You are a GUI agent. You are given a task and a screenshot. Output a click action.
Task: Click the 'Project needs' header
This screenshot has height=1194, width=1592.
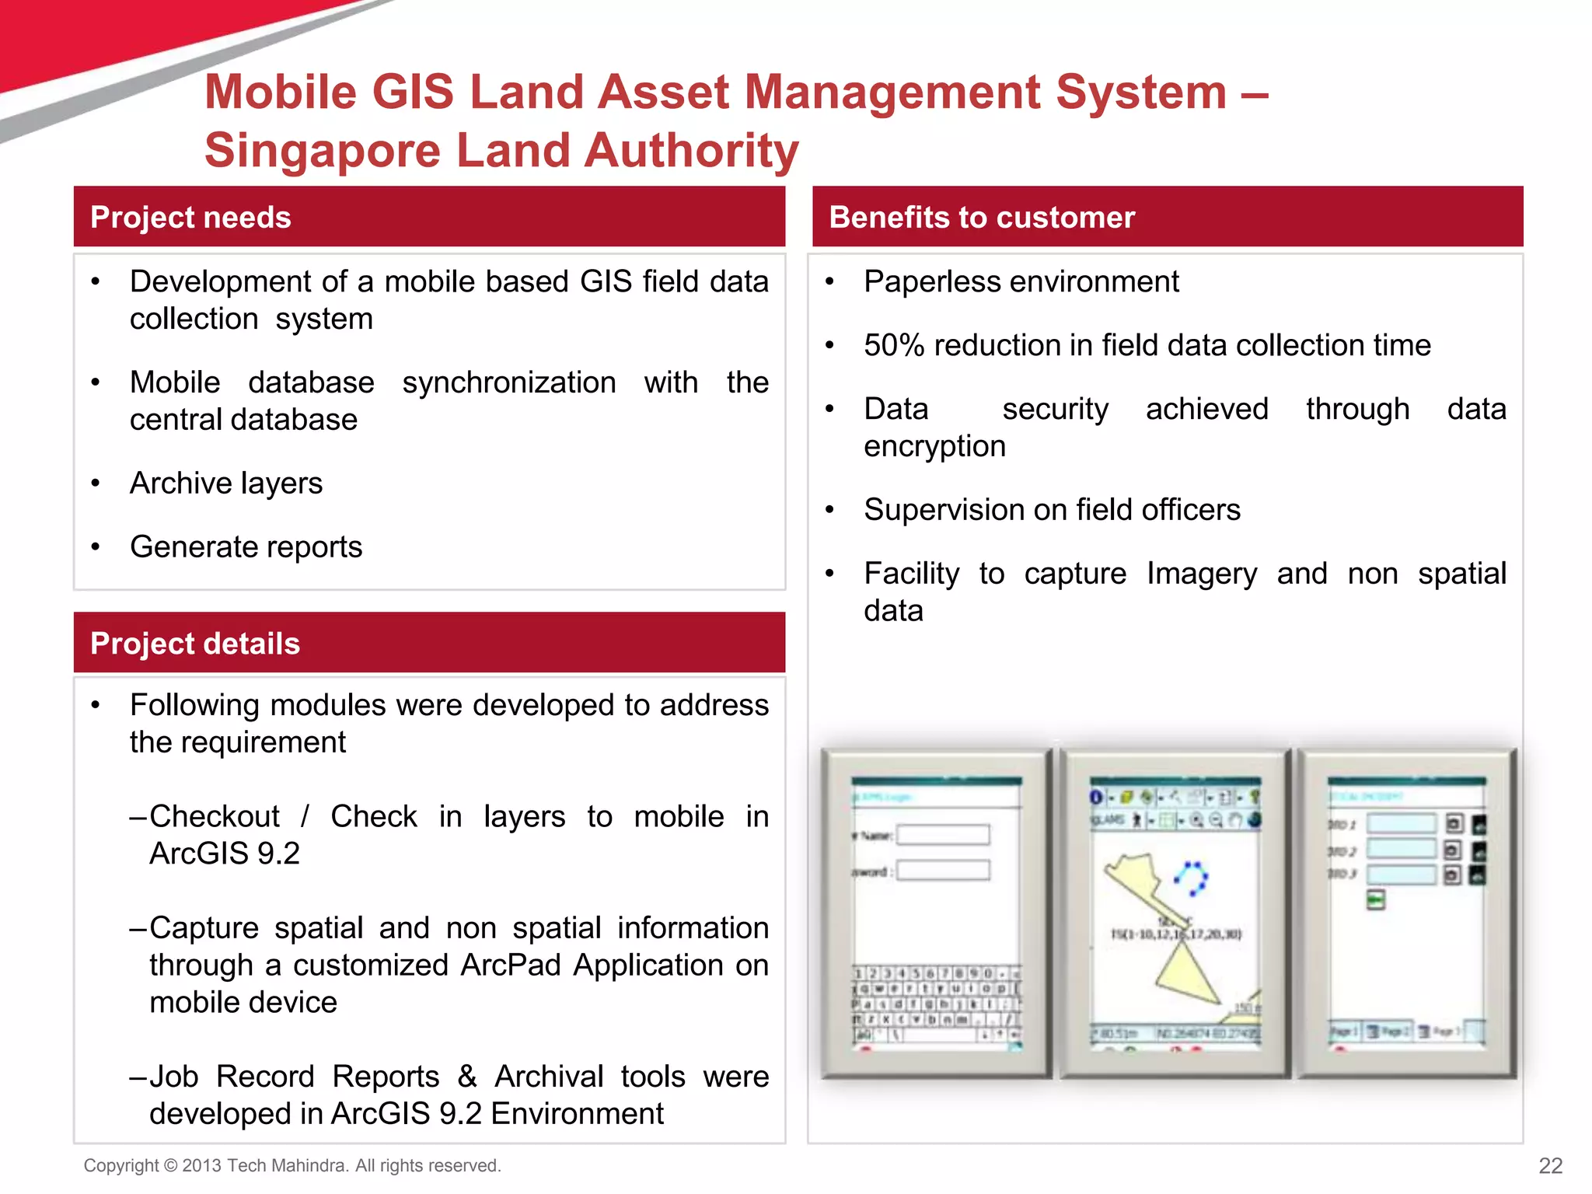tap(190, 218)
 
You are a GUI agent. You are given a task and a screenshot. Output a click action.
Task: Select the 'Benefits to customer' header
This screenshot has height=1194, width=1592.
tap(982, 218)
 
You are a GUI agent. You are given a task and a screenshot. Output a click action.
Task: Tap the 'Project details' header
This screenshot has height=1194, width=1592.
tap(195, 644)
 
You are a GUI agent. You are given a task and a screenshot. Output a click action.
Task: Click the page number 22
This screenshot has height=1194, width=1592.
tap(1550, 1165)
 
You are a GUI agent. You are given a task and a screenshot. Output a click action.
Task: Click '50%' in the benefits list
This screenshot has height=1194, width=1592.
tap(894, 345)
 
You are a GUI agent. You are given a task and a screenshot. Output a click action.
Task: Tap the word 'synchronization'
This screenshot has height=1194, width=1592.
tap(509, 382)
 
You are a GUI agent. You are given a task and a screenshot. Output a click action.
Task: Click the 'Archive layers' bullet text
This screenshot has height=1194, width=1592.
tap(226, 484)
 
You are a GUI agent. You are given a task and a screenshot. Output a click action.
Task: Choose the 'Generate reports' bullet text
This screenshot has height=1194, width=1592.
tap(246, 547)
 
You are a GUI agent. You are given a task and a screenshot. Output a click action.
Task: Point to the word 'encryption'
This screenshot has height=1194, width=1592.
tap(934, 446)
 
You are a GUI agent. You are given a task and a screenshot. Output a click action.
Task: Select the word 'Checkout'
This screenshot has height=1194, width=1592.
tap(215, 816)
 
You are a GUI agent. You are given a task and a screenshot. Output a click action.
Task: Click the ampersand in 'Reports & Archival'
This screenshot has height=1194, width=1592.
tap(466, 1077)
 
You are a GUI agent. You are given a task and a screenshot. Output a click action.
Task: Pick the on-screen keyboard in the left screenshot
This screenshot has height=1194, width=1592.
tap(937, 1004)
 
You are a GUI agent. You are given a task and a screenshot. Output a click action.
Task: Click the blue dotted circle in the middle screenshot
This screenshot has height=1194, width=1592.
tap(1190, 878)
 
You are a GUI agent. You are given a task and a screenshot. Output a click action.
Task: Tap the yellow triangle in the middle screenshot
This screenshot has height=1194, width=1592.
tap(1185, 975)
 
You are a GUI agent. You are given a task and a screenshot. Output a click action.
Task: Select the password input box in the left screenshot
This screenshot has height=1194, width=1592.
tap(944, 870)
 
